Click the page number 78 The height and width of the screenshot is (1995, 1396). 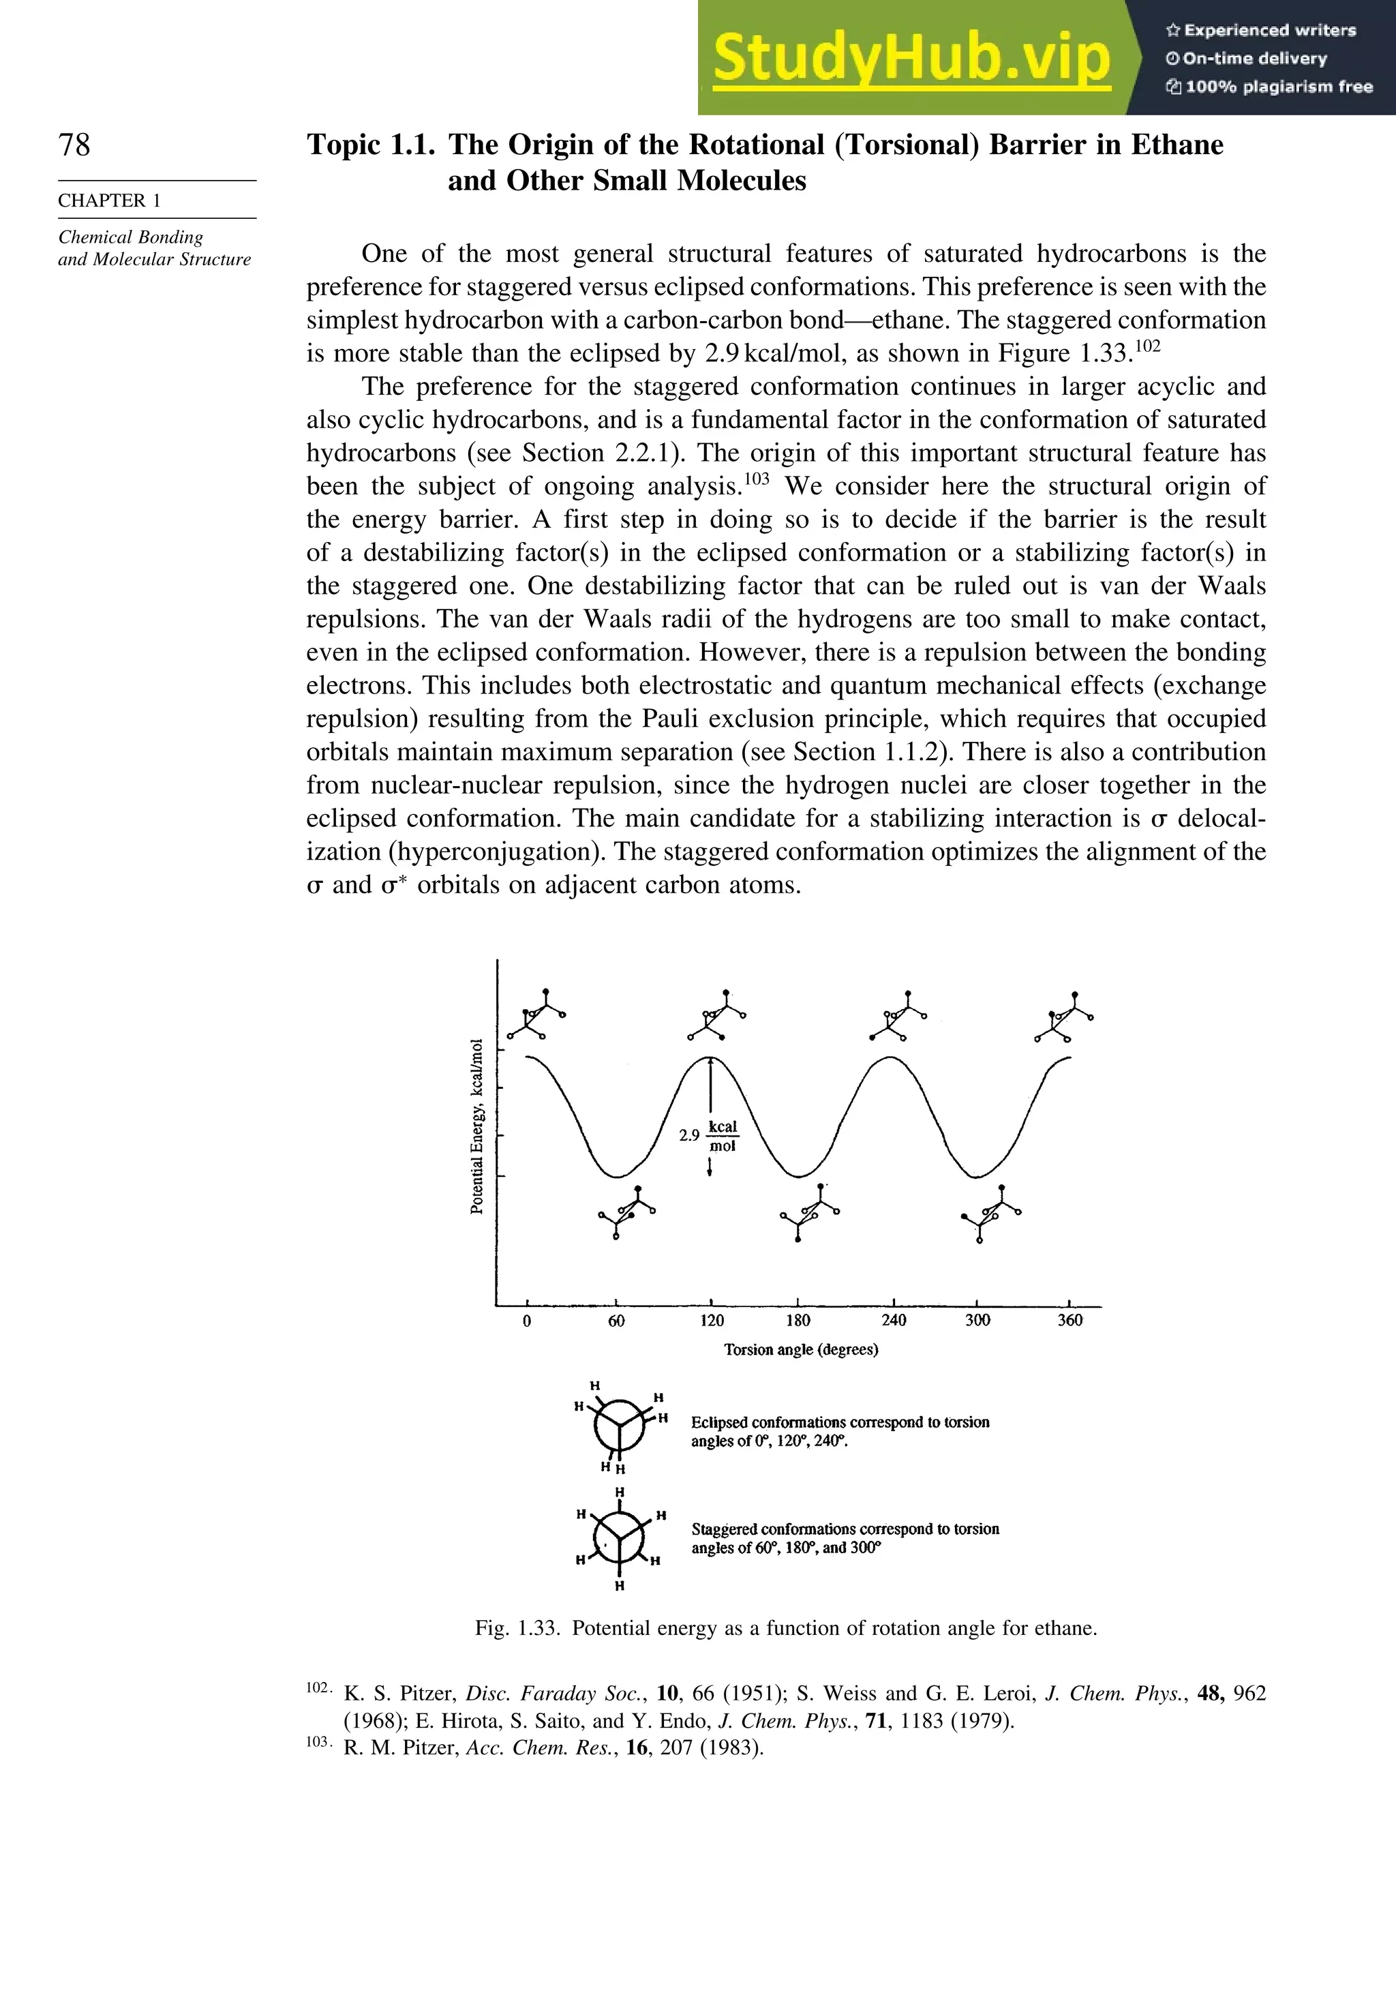click(74, 145)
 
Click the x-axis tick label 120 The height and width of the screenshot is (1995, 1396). click(712, 1321)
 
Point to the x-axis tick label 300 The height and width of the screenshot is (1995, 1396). click(977, 1321)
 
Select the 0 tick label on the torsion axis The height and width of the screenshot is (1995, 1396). click(526, 1321)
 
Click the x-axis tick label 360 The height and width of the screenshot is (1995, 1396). click(1069, 1321)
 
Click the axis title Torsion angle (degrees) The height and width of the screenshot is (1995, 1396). click(801, 1349)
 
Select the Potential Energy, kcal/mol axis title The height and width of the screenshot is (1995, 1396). click(477, 1126)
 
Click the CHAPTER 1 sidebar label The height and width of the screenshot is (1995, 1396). click(110, 200)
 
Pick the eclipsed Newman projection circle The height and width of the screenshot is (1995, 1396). click(620, 1426)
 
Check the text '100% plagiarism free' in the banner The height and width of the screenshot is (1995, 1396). click(1269, 87)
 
